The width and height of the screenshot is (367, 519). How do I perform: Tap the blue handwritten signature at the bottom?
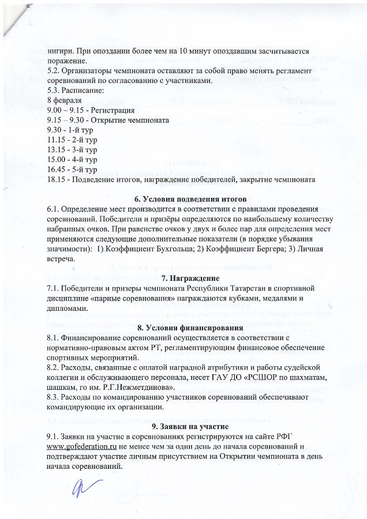(80, 491)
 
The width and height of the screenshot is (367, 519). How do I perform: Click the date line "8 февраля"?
(65, 100)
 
